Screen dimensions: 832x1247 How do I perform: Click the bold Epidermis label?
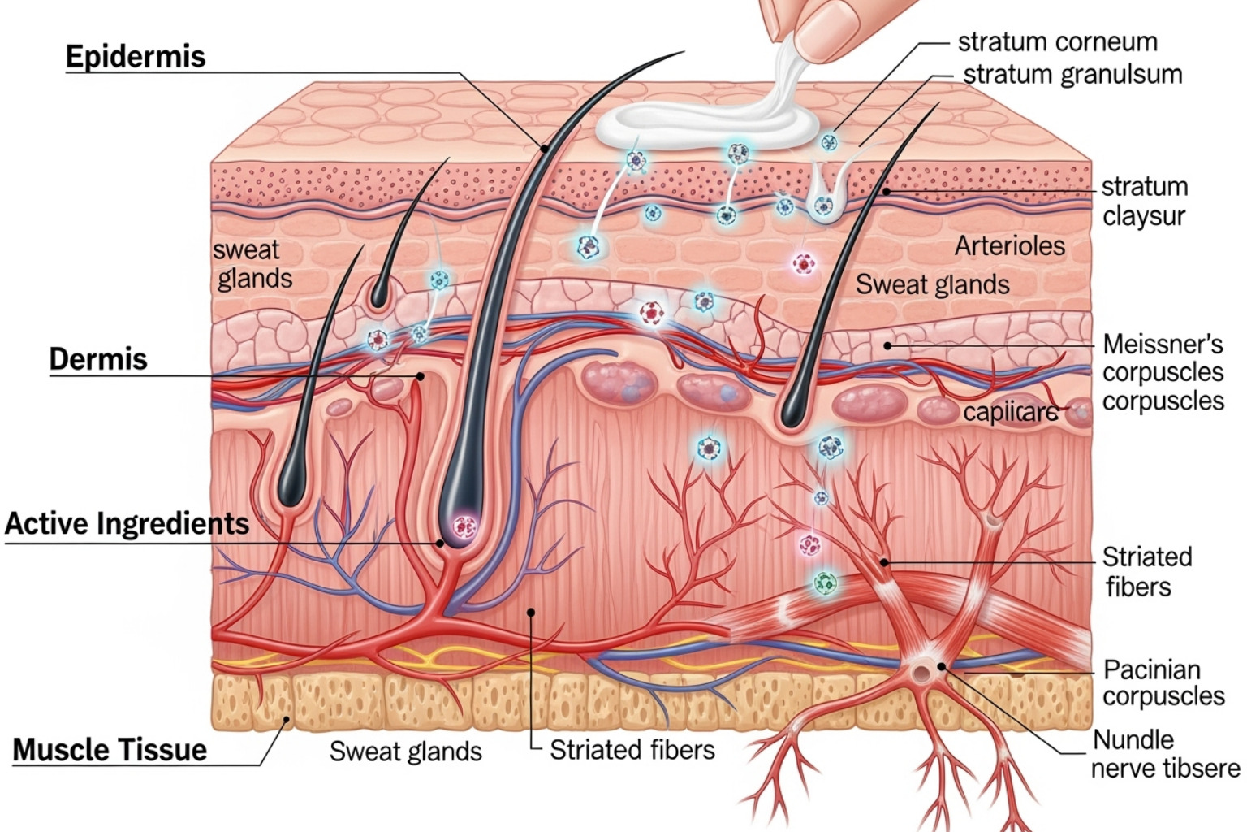[x=136, y=57]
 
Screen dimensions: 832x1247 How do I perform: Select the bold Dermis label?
[x=98, y=359]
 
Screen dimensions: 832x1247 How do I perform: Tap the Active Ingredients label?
[x=127, y=524]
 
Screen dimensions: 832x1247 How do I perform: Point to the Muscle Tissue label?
[x=110, y=749]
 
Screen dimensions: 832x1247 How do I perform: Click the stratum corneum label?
[x=1057, y=41]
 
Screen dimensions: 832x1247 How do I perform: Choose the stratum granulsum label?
[x=1072, y=75]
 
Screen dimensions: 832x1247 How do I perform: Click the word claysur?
[x=1143, y=217]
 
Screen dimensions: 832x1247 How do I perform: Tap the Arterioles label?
[x=1009, y=245]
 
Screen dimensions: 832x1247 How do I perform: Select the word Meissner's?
[x=1163, y=344]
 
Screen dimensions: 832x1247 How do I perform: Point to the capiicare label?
[x=1010, y=413]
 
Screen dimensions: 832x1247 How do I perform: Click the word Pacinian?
[x=1151, y=669]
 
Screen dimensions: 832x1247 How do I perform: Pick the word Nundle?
[x=1133, y=739]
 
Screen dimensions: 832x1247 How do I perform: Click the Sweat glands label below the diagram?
[x=405, y=752]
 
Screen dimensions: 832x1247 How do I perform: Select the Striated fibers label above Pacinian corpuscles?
[x=1146, y=572]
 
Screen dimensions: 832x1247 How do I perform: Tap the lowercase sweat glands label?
[x=252, y=264]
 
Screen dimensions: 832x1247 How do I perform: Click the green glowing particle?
[x=825, y=582]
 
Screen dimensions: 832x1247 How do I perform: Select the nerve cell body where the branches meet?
[x=922, y=670]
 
